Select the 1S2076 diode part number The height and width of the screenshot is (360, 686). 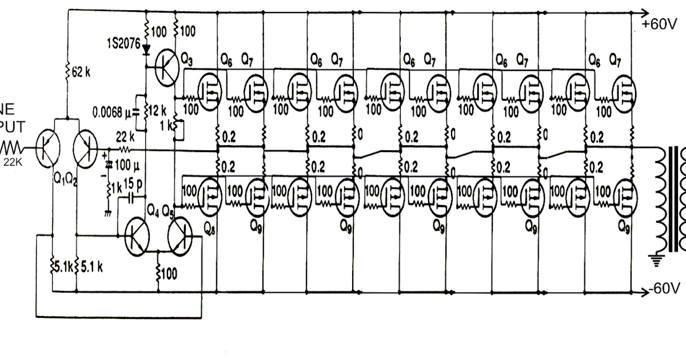click(x=123, y=44)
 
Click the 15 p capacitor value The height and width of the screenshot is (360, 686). click(x=133, y=186)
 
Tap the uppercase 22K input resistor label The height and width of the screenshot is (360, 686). click(x=13, y=162)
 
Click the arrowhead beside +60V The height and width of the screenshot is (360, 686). click(x=644, y=11)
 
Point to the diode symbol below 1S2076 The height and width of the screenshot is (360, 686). click(x=146, y=50)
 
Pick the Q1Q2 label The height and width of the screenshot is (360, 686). click(x=65, y=179)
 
